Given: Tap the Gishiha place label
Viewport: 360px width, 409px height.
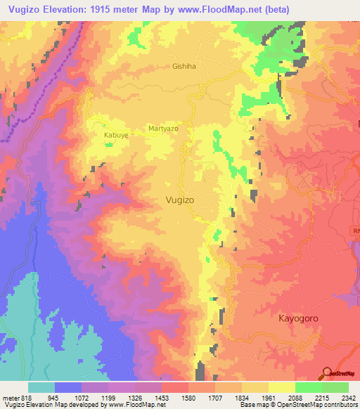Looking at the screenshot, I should pyautogui.click(x=184, y=67).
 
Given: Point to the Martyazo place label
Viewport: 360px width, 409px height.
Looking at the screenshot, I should pyautogui.click(x=165, y=129).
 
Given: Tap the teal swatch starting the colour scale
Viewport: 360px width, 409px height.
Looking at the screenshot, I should pyautogui.click(x=41, y=387).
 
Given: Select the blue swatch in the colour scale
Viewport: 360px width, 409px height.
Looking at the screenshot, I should pyautogui.click(x=68, y=387).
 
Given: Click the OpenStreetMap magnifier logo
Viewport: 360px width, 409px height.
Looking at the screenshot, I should pyautogui.click(x=326, y=372).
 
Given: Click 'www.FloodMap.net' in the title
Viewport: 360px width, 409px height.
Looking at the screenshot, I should pyautogui.click(x=207, y=8).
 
